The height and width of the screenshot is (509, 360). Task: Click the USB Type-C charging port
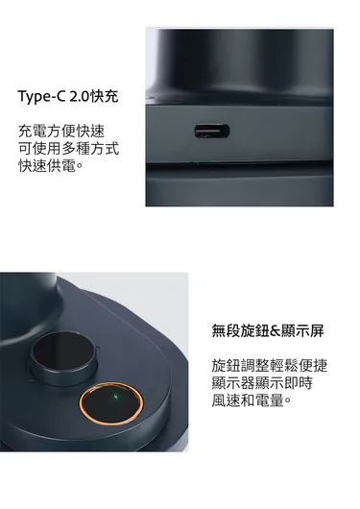click(212, 131)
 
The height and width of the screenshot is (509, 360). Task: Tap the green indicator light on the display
click(115, 397)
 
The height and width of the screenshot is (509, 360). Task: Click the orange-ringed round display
click(111, 403)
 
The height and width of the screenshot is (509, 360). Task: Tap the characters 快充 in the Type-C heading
click(104, 96)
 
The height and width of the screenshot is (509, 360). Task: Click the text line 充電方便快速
click(61, 132)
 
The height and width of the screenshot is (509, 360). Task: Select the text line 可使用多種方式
click(68, 149)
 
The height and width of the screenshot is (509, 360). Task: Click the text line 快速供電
click(50, 166)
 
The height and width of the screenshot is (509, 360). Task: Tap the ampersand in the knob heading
click(275, 331)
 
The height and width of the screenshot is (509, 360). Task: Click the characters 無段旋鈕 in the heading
click(241, 330)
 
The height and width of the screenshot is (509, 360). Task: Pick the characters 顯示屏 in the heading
click(302, 330)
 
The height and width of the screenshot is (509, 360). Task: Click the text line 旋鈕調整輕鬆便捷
click(270, 366)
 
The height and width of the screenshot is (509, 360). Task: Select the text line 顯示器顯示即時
click(262, 383)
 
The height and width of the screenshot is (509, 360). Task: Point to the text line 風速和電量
click(251, 400)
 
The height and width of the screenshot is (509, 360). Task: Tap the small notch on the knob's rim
click(97, 350)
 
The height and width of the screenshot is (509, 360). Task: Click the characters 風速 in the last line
click(227, 400)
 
